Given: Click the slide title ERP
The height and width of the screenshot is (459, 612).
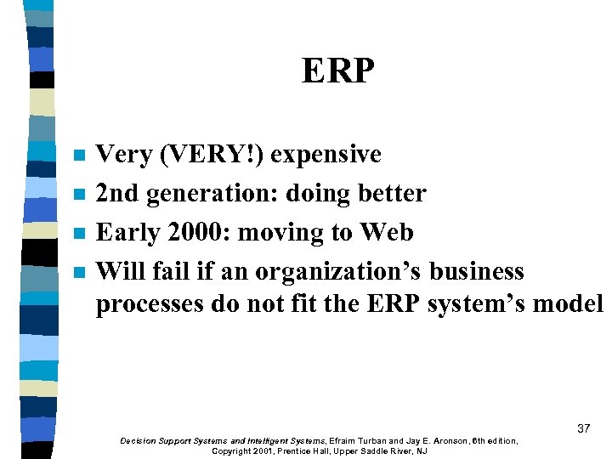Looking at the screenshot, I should tap(337, 71).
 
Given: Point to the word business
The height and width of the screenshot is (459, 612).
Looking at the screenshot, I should tap(477, 272).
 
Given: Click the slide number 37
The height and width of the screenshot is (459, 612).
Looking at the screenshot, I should tap(583, 428).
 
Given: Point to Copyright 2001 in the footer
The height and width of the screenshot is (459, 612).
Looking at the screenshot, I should tap(242, 451).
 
